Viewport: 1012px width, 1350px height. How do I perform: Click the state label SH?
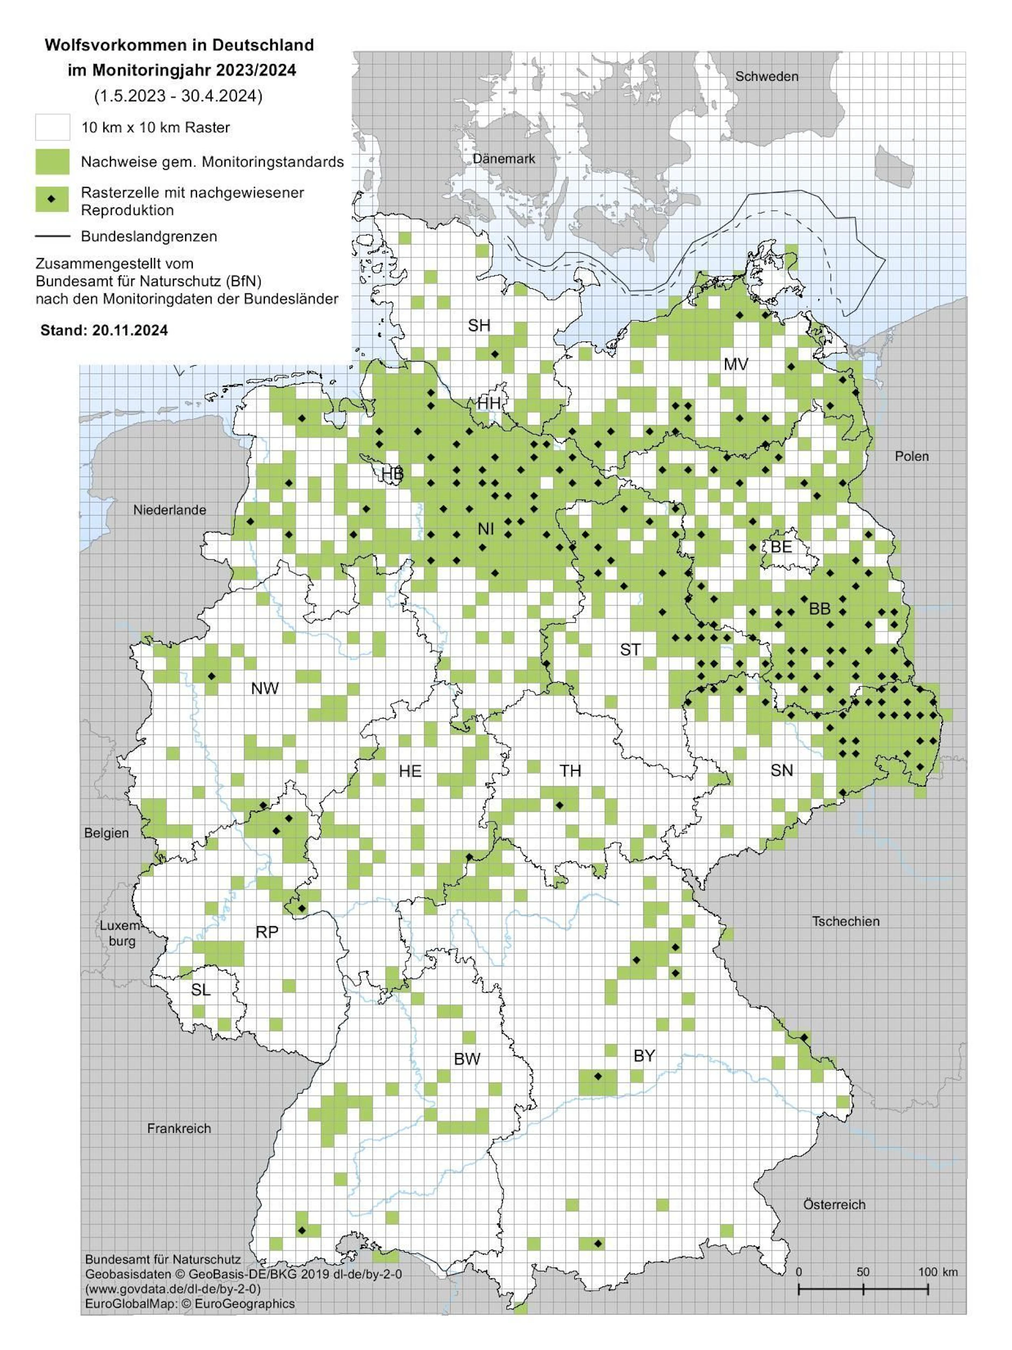[479, 325]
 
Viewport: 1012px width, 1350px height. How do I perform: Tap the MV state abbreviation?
[736, 364]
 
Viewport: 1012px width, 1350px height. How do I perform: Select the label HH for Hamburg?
[489, 403]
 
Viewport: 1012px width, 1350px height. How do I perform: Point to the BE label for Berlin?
[781, 546]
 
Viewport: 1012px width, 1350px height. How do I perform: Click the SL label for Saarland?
[201, 989]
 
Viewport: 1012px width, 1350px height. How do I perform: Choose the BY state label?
[644, 1055]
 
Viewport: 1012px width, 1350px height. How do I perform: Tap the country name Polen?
[911, 456]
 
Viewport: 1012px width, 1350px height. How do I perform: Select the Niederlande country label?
[170, 510]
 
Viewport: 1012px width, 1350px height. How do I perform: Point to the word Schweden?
[766, 76]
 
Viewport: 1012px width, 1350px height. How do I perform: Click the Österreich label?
[834, 1204]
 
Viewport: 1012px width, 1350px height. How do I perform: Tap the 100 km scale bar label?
[938, 1272]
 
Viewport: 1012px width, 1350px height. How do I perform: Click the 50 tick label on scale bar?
[862, 1272]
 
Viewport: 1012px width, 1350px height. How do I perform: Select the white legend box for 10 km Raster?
[52, 128]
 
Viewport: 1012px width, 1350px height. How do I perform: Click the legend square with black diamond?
[52, 199]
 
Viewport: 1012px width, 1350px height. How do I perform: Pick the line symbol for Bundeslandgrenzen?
[52, 236]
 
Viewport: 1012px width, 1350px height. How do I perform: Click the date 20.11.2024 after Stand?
[130, 330]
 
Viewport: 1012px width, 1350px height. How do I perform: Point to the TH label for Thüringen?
[571, 771]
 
